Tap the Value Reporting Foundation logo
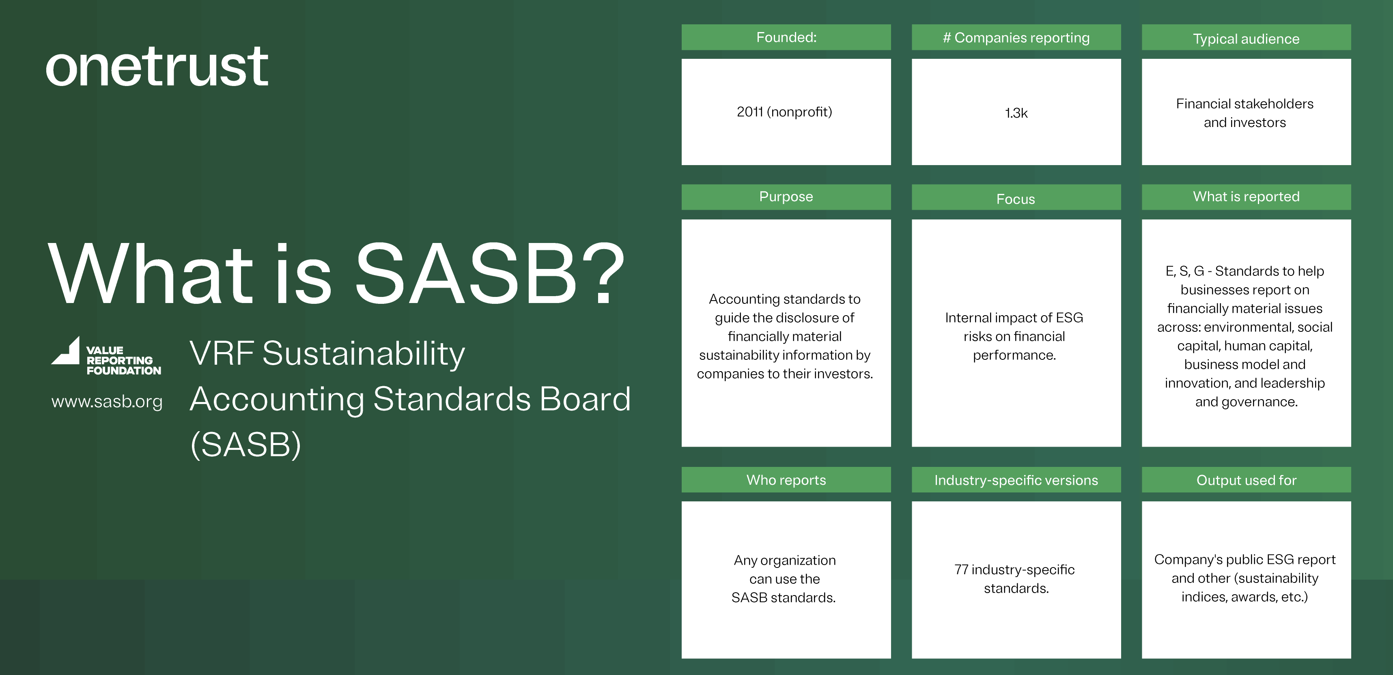(x=106, y=357)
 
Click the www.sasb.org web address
(x=107, y=402)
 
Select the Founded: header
(x=786, y=37)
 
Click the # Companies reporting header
(x=1016, y=37)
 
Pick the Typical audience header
(x=1246, y=39)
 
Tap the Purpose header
(x=786, y=197)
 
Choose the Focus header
(x=1016, y=198)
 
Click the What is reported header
(x=1246, y=197)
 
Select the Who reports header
(x=786, y=480)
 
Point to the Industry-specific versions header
(x=1016, y=480)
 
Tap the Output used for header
(x=1246, y=480)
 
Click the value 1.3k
(x=1016, y=113)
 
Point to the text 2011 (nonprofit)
(x=784, y=112)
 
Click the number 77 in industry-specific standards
(x=961, y=570)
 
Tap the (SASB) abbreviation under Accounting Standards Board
(x=245, y=444)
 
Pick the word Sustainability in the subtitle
(x=364, y=354)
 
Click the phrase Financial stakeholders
(x=1244, y=104)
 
